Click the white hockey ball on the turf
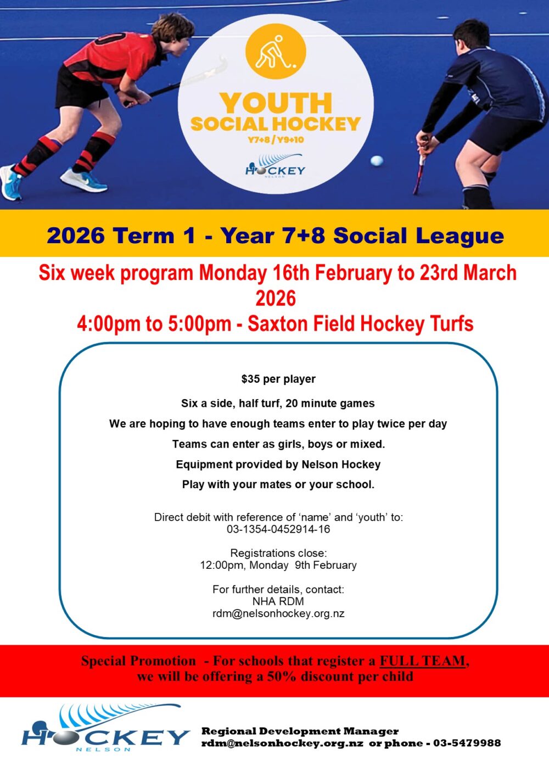click(x=377, y=160)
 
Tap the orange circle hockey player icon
click(x=276, y=52)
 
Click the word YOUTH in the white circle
click(x=276, y=103)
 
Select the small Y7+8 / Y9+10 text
click(x=276, y=140)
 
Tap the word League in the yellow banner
click(x=460, y=236)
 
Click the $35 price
click(x=250, y=379)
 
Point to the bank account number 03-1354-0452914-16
click(x=278, y=529)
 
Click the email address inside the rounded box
click(x=278, y=613)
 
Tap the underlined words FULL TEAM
click(x=422, y=661)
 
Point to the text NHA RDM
click(x=278, y=601)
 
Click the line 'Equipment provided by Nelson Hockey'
click(x=278, y=465)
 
